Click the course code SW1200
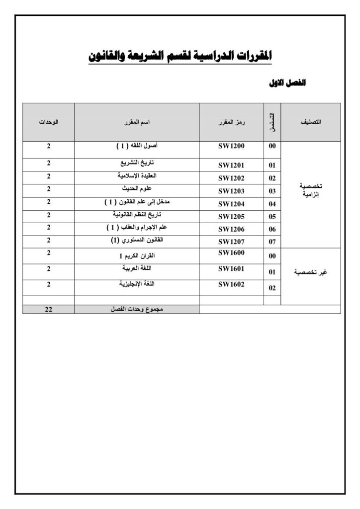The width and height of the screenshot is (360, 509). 232,147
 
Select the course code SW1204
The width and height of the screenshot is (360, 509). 232,204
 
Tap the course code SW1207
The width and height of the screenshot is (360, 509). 232,242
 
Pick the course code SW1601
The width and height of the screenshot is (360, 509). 232,269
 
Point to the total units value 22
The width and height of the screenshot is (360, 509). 49,309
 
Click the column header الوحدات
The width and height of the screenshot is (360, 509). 49,122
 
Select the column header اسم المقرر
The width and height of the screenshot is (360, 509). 137,122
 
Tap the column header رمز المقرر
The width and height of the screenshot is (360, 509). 232,122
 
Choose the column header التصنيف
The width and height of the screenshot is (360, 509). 311,122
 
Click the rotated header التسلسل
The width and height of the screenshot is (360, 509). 272,122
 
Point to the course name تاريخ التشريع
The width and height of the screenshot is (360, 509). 137,163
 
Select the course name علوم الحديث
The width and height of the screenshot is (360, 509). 137,189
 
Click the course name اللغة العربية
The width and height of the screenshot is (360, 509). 137,268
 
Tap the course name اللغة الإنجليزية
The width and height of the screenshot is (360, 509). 137,284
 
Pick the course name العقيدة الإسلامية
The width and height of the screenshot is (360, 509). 137,176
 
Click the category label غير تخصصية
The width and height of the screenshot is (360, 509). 311,272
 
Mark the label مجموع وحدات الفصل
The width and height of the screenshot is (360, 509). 137,309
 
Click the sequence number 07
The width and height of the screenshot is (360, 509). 272,242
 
